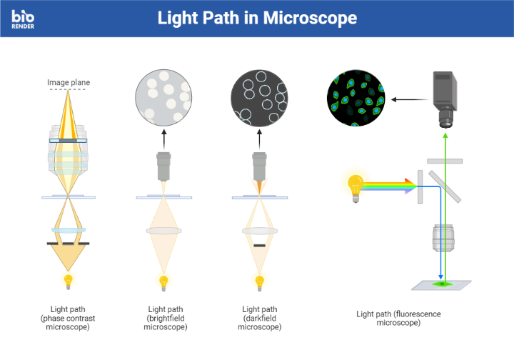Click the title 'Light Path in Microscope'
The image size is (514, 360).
click(x=257, y=18)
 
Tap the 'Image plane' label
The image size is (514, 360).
click(x=69, y=82)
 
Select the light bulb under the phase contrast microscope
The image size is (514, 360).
click(x=69, y=279)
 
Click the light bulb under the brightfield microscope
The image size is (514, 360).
click(x=163, y=280)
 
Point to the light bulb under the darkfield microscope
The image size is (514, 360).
click(x=259, y=280)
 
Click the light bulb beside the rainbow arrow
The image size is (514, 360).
click(x=355, y=186)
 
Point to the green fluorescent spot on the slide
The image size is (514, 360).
click(x=443, y=284)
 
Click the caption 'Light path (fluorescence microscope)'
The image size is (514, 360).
click(x=398, y=318)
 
